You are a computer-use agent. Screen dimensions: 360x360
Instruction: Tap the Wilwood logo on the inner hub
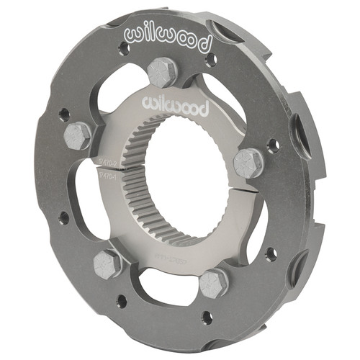point(176,107)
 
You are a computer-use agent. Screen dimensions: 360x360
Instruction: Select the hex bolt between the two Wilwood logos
point(162,73)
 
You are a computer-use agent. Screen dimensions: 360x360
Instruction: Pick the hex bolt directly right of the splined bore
point(248,163)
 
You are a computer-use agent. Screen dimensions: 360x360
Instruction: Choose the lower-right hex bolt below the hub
point(213,284)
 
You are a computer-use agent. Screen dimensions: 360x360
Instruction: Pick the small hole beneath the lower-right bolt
point(207,316)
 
